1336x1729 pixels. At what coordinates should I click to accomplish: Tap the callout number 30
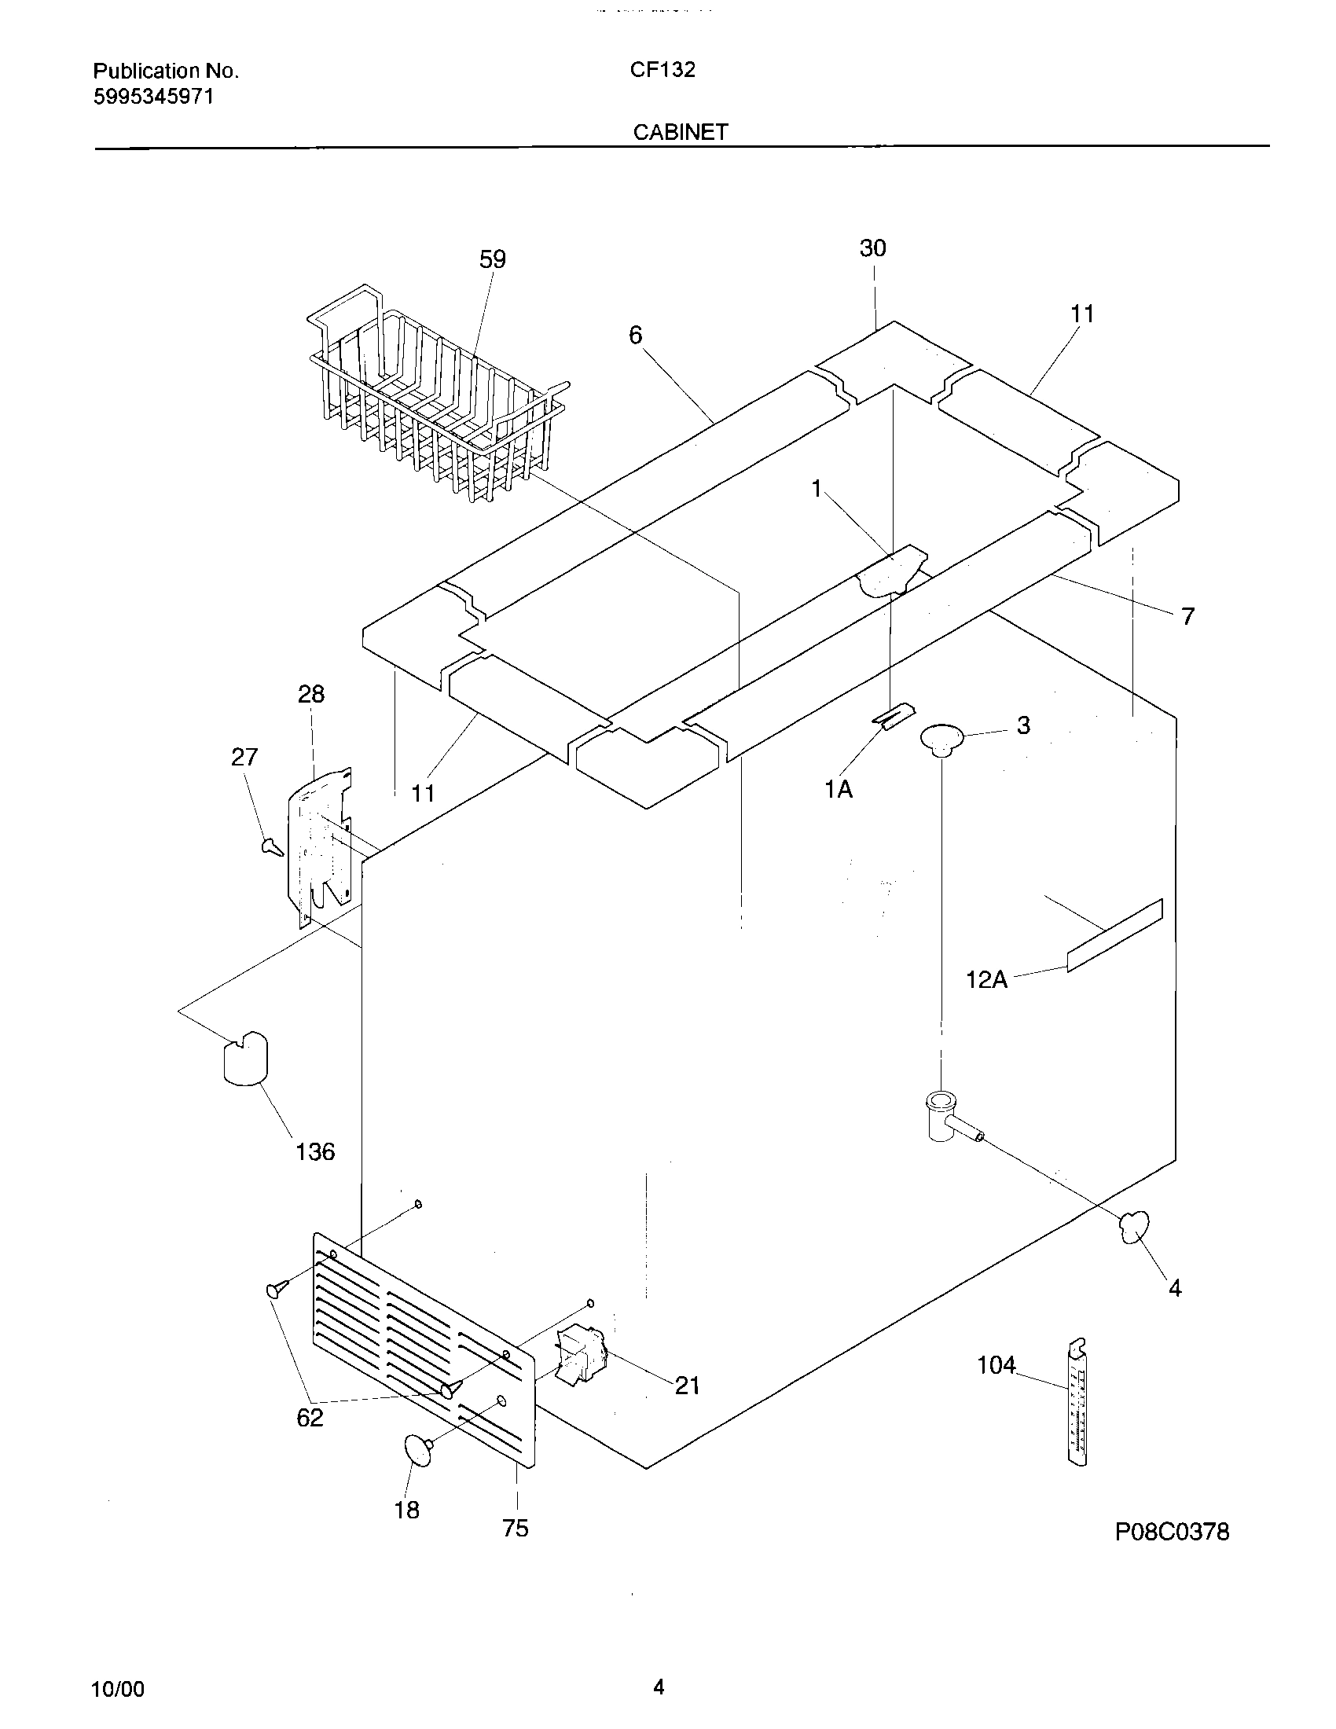coord(872,248)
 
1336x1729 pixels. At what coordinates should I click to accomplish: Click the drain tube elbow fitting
coord(949,1116)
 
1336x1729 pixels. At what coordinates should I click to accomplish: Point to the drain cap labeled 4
coord(1134,1226)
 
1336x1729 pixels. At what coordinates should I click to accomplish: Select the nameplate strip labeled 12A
coord(1114,936)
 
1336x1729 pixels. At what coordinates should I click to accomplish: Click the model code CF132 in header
coord(662,71)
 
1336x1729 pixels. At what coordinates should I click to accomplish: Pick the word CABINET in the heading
coord(680,132)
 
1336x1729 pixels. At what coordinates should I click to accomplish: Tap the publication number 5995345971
coord(152,97)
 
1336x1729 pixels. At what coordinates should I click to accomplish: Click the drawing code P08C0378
coord(1172,1532)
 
